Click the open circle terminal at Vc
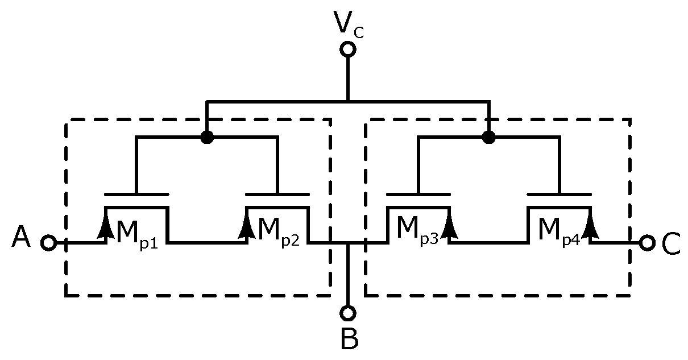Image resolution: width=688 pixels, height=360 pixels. pyautogui.click(x=347, y=49)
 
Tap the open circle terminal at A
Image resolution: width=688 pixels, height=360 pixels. pyautogui.click(x=49, y=243)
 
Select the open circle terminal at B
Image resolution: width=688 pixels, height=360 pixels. pyautogui.click(x=347, y=313)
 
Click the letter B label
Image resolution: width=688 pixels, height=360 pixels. pyautogui.click(x=349, y=340)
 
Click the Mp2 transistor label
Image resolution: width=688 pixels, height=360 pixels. pyautogui.click(x=278, y=231)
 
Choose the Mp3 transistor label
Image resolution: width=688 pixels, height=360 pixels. pyautogui.click(x=417, y=231)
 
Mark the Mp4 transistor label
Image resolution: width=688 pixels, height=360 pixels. pyautogui.click(x=558, y=231)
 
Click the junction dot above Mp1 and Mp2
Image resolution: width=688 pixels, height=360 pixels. pyautogui.click(x=207, y=138)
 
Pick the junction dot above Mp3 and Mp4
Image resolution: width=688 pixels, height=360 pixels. pyautogui.click(x=488, y=138)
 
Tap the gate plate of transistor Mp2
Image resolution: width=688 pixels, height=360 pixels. pyautogui.click(x=277, y=195)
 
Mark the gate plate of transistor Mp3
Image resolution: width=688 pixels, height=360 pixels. pyautogui.click(x=418, y=195)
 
